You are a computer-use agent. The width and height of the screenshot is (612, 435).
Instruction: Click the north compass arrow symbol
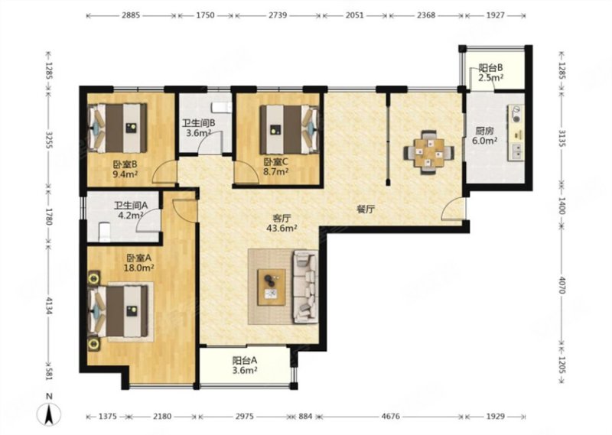(49, 414)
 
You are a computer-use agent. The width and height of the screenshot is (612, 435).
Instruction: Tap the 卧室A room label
(139, 258)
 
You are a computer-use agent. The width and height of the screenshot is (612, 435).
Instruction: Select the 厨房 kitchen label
(484, 131)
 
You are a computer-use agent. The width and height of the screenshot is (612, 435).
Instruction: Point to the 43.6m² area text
(282, 229)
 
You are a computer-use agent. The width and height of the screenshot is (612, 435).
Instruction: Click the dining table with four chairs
(429, 152)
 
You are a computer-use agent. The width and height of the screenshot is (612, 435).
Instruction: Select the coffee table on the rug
(272, 287)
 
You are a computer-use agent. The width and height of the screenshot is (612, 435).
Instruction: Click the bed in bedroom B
(119, 128)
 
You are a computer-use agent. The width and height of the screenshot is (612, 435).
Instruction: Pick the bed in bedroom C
(289, 129)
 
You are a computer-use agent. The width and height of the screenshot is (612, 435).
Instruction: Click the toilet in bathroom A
(104, 232)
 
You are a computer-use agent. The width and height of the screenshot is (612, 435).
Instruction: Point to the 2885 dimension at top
(131, 15)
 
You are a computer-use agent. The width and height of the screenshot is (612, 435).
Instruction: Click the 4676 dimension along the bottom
(391, 417)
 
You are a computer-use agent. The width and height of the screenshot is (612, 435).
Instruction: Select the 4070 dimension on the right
(562, 285)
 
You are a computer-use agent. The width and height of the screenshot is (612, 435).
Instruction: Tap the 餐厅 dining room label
(366, 209)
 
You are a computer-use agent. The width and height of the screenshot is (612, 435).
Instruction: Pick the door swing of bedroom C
(246, 173)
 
